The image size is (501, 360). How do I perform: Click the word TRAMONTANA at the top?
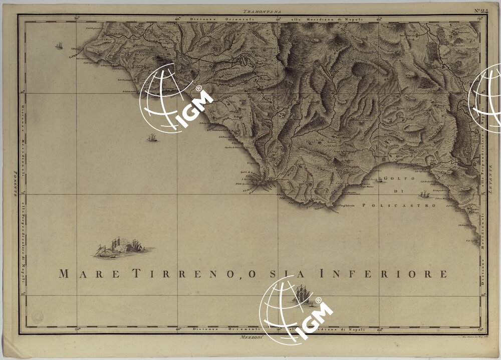(x=263, y=11)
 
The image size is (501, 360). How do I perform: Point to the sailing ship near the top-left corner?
(x=59, y=46)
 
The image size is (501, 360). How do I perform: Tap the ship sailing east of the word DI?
(x=425, y=194)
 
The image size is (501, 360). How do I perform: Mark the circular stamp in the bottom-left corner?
(x=37, y=316)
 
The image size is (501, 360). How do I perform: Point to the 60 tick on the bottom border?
(x=380, y=329)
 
